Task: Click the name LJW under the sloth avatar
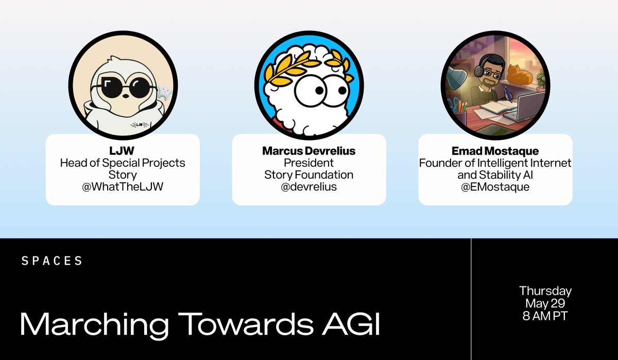(122, 151)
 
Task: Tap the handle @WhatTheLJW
(123, 187)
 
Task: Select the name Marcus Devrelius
(308, 151)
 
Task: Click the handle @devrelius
(308, 187)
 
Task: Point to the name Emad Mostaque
(495, 151)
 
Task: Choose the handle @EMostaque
(495, 187)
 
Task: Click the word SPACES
(52, 261)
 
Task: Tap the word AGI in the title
(351, 324)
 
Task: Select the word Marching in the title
(94, 326)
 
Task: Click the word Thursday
(545, 292)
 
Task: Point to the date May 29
(545, 303)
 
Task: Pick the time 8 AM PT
(545, 316)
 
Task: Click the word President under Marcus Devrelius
(308, 163)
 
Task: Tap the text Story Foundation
(308, 175)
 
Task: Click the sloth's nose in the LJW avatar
(125, 96)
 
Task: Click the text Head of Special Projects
(123, 163)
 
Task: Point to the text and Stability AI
(495, 175)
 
